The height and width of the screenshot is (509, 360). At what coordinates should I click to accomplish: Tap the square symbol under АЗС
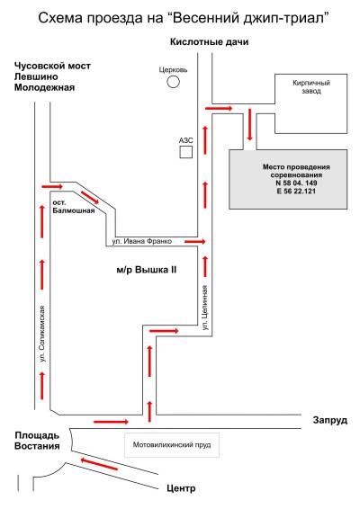point(185,152)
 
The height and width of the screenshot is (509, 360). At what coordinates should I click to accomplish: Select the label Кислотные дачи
point(209,42)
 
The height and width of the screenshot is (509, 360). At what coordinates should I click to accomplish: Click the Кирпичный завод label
point(311,87)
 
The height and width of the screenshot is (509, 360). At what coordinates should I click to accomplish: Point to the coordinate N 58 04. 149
point(296,183)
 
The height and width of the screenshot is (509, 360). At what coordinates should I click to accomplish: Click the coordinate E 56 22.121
point(296,192)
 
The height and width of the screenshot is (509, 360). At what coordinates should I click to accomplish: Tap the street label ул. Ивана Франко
point(142,241)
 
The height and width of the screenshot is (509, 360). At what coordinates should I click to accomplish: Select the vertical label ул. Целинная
point(205,308)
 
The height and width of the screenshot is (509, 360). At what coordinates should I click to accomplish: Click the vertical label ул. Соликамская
point(42,334)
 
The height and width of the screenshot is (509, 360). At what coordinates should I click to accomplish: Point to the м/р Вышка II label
point(147,270)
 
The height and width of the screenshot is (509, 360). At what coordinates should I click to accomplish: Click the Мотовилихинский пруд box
point(172,445)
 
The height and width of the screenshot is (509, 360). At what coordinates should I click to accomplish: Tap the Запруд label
point(330,420)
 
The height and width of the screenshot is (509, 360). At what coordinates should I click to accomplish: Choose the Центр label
point(181,488)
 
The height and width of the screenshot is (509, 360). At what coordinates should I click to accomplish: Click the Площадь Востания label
point(37,441)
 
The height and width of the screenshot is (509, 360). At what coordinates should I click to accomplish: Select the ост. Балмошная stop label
point(74,207)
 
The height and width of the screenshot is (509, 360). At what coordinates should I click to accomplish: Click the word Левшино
point(36,76)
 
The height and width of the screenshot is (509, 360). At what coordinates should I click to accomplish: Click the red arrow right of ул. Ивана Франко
point(195,242)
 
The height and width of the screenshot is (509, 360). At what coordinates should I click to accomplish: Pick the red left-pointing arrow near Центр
point(99,464)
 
